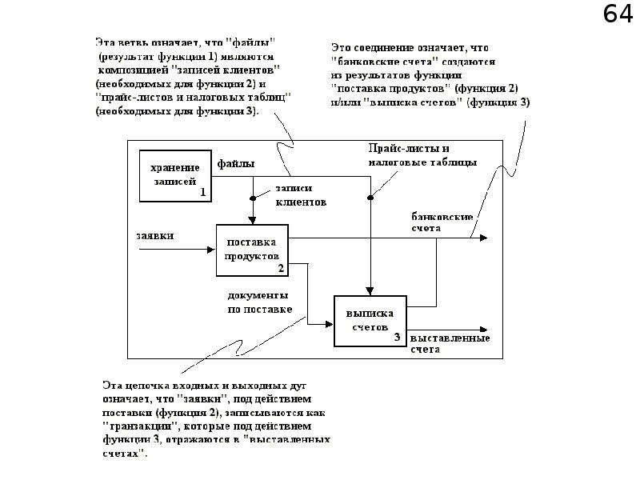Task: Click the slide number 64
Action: pyautogui.click(x=618, y=15)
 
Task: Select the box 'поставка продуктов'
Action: pyautogui.click(x=252, y=250)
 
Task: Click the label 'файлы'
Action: pyautogui.click(x=237, y=164)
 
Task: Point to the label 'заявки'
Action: pyautogui.click(x=156, y=235)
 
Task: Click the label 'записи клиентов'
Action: pyautogui.click(x=300, y=195)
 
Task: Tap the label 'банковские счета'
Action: pyautogui.click(x=442, y=222)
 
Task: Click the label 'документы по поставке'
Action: pyautogui.click(x=259, y=302)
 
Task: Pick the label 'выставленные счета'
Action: pyautogui.click(x=450, y=344)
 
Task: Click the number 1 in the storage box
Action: pyautogui.click(x=203, y=192)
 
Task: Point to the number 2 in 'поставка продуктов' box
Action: pyautogui.click(x=280, y=268)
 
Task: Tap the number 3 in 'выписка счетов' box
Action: pyautogui.click(x=398, y=338)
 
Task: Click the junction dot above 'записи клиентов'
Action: pyautogui.click(x=253, y=197)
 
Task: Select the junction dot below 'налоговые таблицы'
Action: pyautogui.click(x=370, y=197)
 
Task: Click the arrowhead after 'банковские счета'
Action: pyautogui.click(x=484, y=238)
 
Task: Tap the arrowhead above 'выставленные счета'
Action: pyautogui.click(x=484, y=329)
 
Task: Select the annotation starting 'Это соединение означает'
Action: pyautogui.click(x=430, y=75)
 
